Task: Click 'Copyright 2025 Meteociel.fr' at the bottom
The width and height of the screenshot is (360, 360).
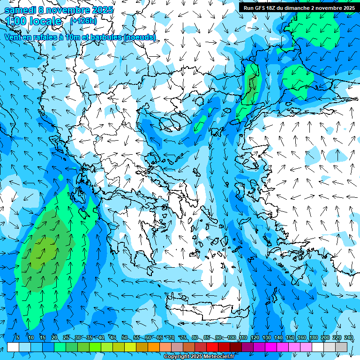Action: pyautogui.click(x=199, y=357)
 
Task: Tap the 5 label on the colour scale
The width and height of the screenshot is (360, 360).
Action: pyautogui.click(x=18, y=337)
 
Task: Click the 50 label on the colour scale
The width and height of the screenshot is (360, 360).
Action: pyautogui.click(x=125, y=337)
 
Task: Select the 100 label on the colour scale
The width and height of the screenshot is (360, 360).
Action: pyautogui.click(x=232, y=337)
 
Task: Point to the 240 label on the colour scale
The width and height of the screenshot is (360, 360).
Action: pyautogui.click(x=349, y=337)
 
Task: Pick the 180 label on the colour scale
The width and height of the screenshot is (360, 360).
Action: pyautogui.click(x=314, y=337)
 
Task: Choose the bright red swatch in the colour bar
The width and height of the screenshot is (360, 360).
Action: pyautogui.click(x=212, y=347)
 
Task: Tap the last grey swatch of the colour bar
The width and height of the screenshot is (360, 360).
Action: pyautogui.click(x=341, y=347)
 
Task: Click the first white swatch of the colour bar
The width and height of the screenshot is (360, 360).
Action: pyautogui.click(x=13, y=347)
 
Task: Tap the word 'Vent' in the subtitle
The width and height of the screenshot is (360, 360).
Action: pyautogui.click(x=14, y=37)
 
